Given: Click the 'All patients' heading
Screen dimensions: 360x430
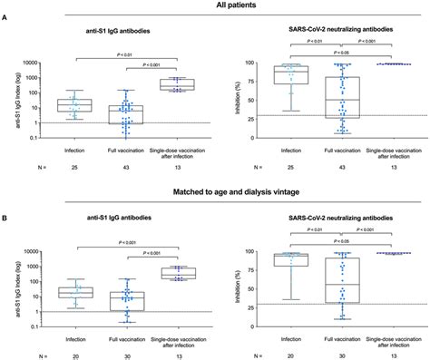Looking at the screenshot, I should pyautogui.click(x=214, y=6).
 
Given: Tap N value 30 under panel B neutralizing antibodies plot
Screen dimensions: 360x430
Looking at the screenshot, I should pyautogui.click(x=340, y=351).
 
